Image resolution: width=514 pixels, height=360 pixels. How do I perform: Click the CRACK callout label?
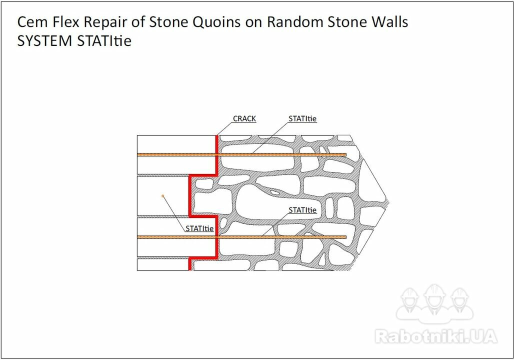[244, 118]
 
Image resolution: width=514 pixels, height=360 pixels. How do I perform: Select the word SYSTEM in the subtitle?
[44, 41]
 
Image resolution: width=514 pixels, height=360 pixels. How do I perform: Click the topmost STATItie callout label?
[302, 118]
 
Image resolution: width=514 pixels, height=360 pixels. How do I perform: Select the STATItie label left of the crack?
[199, 228]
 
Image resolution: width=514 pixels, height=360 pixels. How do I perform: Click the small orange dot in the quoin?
[162, 196]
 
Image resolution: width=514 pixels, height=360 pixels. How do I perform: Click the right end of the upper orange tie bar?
[346, 155]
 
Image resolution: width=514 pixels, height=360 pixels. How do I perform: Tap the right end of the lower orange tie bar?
[346, 237]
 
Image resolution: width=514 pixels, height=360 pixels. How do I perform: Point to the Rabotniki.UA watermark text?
[436, 336]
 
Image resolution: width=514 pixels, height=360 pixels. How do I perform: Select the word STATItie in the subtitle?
[104, 41]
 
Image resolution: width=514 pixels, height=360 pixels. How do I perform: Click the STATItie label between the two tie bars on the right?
[302, 210]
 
